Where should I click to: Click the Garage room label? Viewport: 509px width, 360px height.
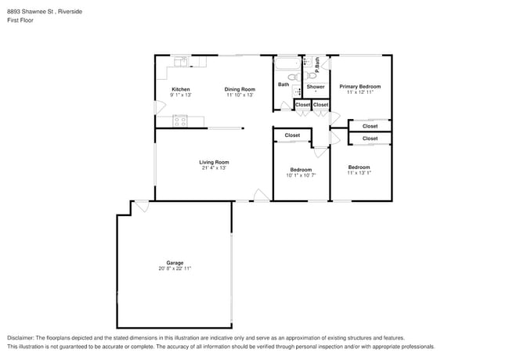(x=175, y=263)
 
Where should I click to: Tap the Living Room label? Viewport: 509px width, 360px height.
(x=214, y=162)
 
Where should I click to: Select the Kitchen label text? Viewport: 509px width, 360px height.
(x=181, y=89)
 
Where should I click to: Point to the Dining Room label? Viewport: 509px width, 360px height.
(x=240, y=89)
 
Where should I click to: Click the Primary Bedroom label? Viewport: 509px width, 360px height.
(x=360, y=87)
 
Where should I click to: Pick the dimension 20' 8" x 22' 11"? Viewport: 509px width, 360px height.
(x=175, y=268)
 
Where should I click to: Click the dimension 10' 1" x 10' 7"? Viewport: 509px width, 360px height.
(x=301, y=175)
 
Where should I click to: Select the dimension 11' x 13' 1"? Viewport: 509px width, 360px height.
(x=359, y=173)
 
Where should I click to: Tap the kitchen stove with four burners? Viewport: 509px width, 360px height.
(x=180, y=121)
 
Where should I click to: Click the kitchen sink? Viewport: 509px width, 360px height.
(x=180, y=62)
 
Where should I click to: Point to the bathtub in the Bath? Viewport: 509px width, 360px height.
(x=287, y=64)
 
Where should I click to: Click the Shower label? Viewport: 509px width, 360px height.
(x=316, y=87)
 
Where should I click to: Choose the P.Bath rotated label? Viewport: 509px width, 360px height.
(x=317, y=64)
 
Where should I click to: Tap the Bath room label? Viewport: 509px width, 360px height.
(x=283, y=85)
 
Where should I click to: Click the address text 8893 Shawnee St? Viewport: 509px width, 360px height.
(x=31, y=12)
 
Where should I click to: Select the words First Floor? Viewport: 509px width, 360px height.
(x=20, y=20)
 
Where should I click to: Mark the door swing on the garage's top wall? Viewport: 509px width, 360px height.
(x=143, y=207)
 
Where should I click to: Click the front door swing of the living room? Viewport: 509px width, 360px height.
(x=262, y=195)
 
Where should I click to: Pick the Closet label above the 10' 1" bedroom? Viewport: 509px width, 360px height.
(x=292, y=135)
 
